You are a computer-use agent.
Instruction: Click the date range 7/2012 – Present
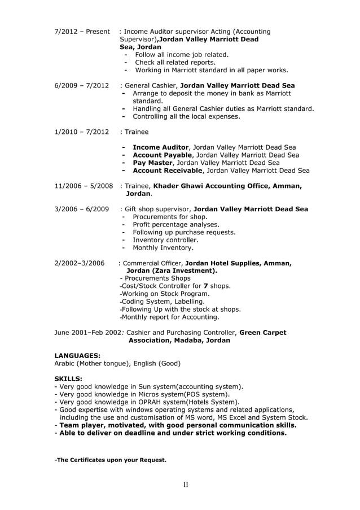point(82,32)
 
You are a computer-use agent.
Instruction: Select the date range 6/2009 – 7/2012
point(82,86)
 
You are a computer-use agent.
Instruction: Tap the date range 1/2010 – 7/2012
point(82,132)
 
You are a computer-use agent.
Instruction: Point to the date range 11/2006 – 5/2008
point(84,186)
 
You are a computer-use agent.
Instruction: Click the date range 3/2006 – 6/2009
point(82,210)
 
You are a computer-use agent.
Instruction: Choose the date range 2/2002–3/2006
point(80,263)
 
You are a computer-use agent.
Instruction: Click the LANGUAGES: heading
point(77,355)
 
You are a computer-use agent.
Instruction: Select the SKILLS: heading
point(68,378)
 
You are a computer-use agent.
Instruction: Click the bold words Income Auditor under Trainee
point(161,147)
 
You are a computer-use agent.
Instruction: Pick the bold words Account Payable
point(163,155)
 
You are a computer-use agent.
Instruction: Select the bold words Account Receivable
point(168,171)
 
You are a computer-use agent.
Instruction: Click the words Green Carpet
point(263,333)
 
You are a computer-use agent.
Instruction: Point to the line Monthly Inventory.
point(163,248)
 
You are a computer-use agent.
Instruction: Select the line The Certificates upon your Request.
point(110,460)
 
